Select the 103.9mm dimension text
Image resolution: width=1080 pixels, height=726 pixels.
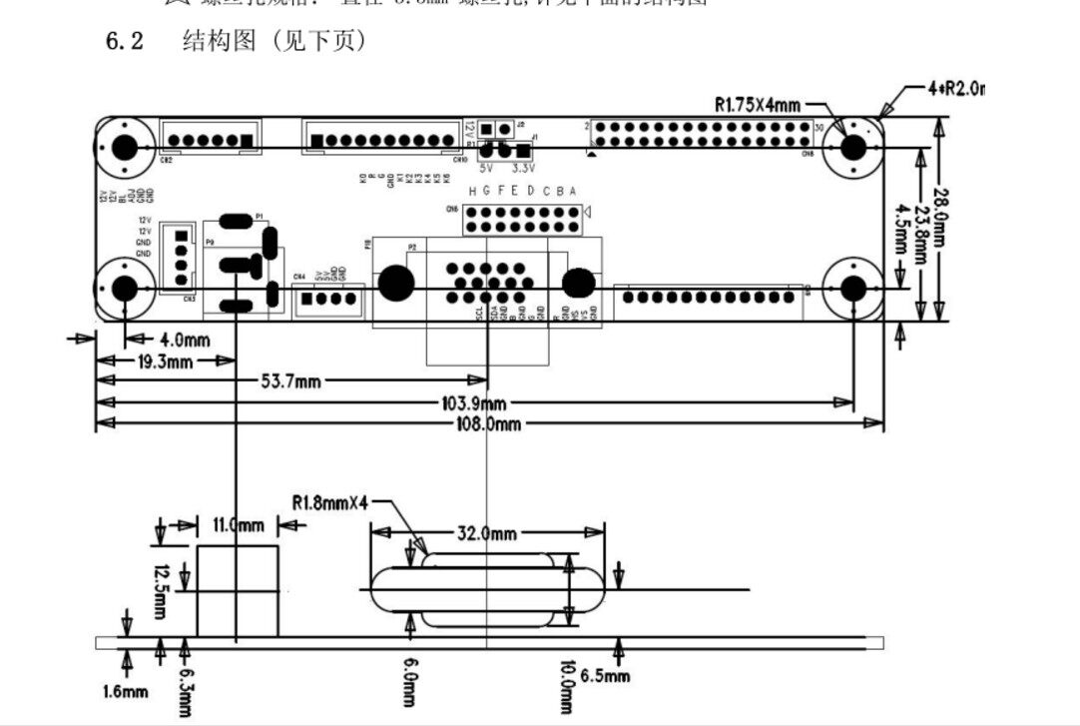(x=477, y=402)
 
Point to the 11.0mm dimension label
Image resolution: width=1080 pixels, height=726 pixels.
(x=239, y=524)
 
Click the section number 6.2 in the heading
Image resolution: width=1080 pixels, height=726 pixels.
(x=125, y=42)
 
